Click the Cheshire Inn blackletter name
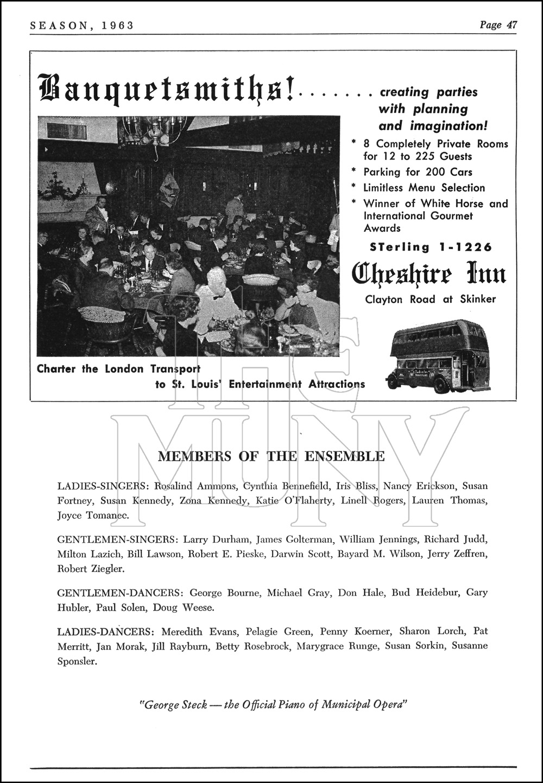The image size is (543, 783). (429, 274)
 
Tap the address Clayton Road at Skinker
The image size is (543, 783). (430, 299)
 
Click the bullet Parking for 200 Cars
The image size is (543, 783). (418, 172)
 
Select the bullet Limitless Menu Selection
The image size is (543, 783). (424, 188)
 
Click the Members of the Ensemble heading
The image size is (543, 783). (271, 456)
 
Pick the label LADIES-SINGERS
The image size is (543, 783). (103, 486)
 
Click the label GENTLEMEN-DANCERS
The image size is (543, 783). (115, 593)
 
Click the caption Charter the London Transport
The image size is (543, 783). (118, 369)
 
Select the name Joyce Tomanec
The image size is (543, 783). (93, 515)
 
